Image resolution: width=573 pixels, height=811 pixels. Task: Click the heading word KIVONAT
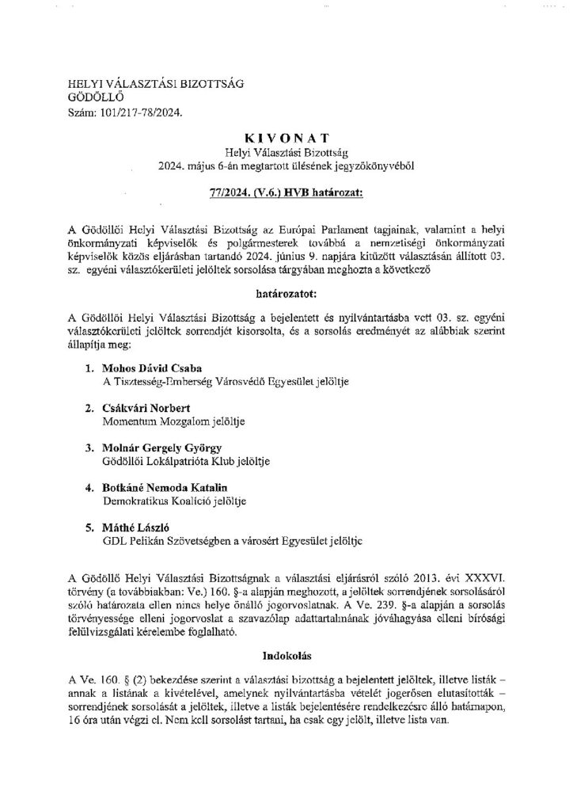coord(286,136)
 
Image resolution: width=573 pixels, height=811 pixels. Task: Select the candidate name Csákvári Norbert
coord(137,409)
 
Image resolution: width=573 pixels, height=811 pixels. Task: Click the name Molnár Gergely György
coord(151,448)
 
